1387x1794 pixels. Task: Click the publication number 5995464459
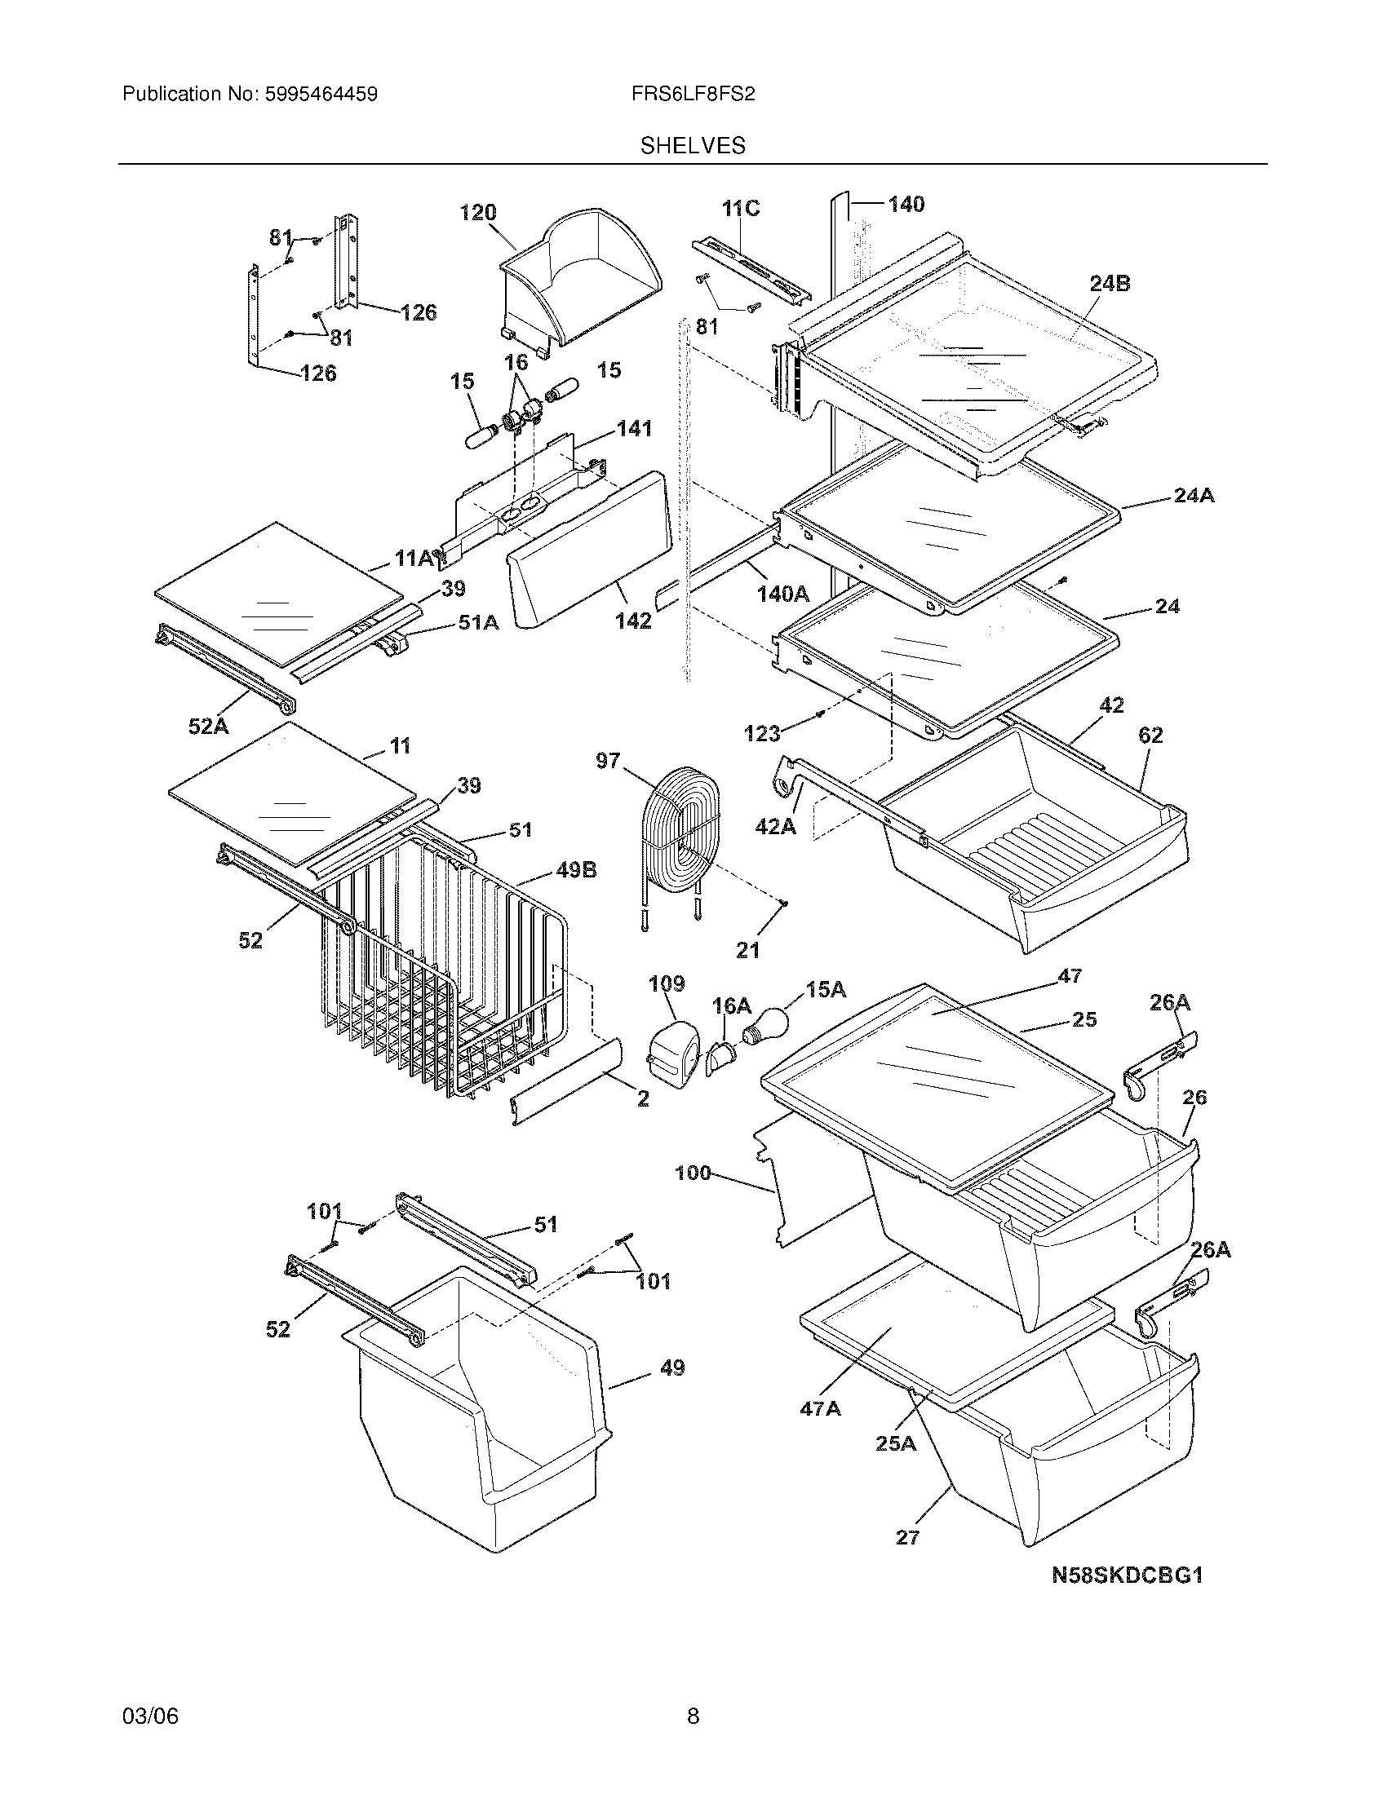click(x=321, y=95)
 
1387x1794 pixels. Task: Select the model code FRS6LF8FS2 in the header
click(x=693, y=95)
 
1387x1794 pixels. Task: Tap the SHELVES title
click(x=693, y=146)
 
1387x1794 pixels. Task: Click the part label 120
click(x=478, y=213)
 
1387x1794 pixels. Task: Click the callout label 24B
click(x=1110, y=284)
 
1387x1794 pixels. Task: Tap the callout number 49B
click(x=576, y=870)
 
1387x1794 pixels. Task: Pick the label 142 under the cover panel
click(x=633, y=621)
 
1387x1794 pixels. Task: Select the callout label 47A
click(x=820, y=1409)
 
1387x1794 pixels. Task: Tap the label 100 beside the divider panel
click(x=693, y=1173)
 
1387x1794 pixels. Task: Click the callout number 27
click(x=907, y=1537)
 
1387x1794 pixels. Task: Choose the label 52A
click(x=209, y=725)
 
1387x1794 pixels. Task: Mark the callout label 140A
click(x=783, y=594)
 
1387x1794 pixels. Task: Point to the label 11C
click(x=740, y=209)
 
